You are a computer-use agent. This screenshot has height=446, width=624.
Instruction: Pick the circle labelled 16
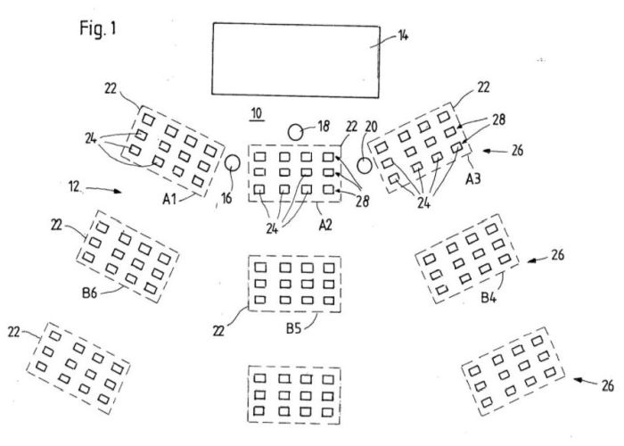(230, 164)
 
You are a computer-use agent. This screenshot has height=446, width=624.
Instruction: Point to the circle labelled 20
(365, 166)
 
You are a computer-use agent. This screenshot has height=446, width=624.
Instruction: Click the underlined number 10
(256, 113)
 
